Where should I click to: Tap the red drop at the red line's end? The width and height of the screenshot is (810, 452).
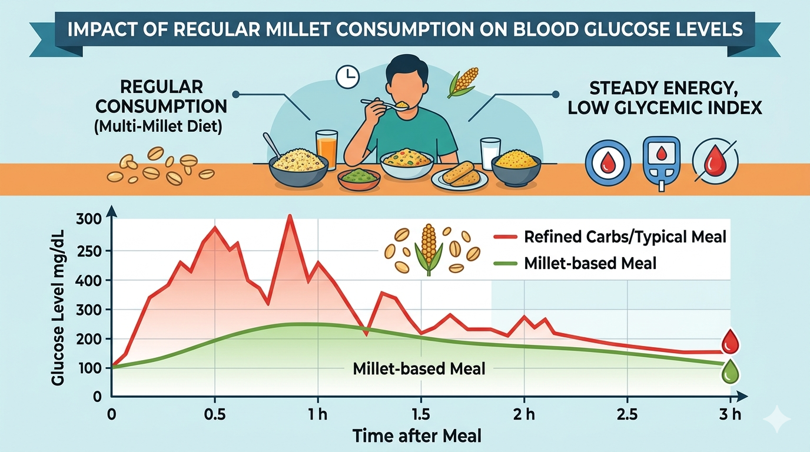coord(730,341)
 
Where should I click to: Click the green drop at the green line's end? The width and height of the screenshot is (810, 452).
coord(730,371)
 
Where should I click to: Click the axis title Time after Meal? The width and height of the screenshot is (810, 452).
coord(417,436)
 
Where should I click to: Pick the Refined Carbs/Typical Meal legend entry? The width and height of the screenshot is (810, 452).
coord(625,237)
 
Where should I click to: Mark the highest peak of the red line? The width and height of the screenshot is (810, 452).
coord(289,216)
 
